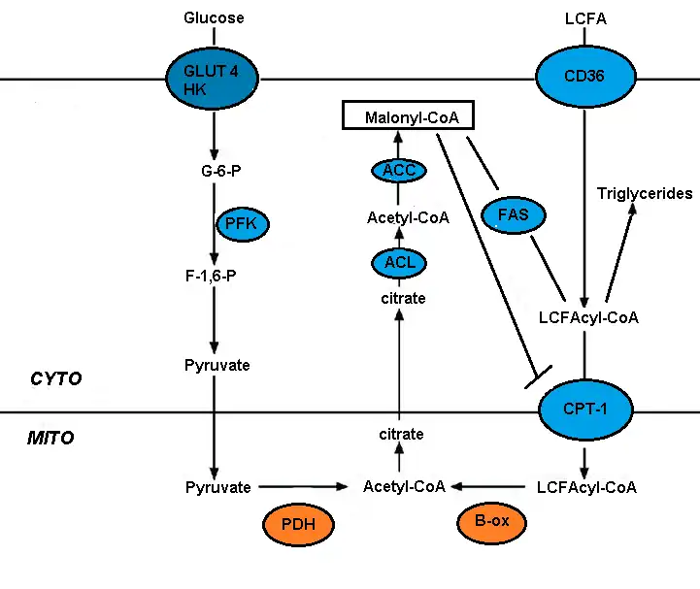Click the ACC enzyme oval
[398, 171]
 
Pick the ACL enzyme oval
[398, 262]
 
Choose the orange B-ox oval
[491, 522]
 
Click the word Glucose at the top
[214, 17]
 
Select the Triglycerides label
[645, 193]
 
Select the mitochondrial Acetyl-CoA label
[404, 486]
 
